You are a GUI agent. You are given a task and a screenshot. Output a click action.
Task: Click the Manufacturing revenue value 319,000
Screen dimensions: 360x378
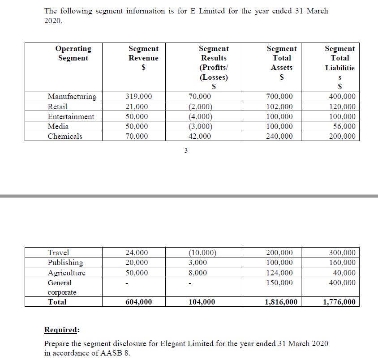[x=138, y=97]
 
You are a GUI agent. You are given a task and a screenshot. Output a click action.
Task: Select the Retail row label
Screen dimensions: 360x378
[x=57, y=107]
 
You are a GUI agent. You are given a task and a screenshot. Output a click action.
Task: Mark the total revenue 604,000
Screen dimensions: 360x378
[x=138, y=302]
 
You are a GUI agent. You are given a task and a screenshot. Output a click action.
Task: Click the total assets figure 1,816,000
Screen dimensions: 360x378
[x=281, y=302]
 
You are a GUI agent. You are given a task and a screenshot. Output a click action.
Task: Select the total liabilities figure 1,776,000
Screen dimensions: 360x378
[x=339, y=302]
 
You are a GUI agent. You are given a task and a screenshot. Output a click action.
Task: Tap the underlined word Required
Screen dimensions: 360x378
[x=61, y=330]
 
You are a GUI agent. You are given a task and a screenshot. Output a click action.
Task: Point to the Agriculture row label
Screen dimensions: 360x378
[x=66, y=273]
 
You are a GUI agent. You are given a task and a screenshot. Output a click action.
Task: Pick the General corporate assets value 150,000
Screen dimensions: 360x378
[x=279, y=283]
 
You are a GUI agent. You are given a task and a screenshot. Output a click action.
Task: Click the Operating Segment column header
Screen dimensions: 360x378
[x=73, y=53]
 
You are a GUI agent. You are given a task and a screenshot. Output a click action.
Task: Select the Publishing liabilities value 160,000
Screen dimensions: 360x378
[x=342, y=263]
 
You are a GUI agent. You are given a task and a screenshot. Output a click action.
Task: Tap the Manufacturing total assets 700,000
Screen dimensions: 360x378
[x=279, y=97]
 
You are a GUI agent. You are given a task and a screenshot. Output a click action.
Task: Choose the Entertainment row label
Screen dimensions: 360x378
[x=71, y=117]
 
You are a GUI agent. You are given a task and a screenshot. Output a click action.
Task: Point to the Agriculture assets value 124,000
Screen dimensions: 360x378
[x=279, y=273]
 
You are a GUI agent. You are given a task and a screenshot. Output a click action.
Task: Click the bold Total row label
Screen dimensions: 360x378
[x=57, y=302]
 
